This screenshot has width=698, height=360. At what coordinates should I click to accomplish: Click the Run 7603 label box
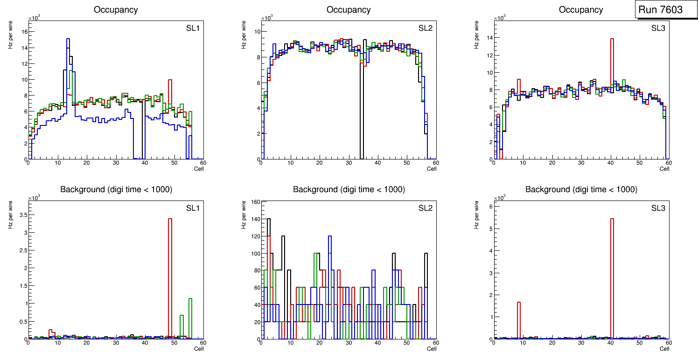tap(663, 10)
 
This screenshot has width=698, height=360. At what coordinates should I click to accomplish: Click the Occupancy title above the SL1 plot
tap(116, 10)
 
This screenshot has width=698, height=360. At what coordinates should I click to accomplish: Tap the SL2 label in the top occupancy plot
tap(425, 28)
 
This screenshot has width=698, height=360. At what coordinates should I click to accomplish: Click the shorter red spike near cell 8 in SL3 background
tap(518, 317)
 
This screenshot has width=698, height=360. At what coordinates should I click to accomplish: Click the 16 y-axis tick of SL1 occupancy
tap(25, 32)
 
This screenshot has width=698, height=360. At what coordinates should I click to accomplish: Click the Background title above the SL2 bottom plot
tap(349, 190)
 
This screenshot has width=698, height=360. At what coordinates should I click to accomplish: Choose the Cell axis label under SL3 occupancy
tap(664, 169)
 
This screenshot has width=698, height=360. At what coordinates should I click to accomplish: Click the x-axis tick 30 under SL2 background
tap(348, 343)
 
